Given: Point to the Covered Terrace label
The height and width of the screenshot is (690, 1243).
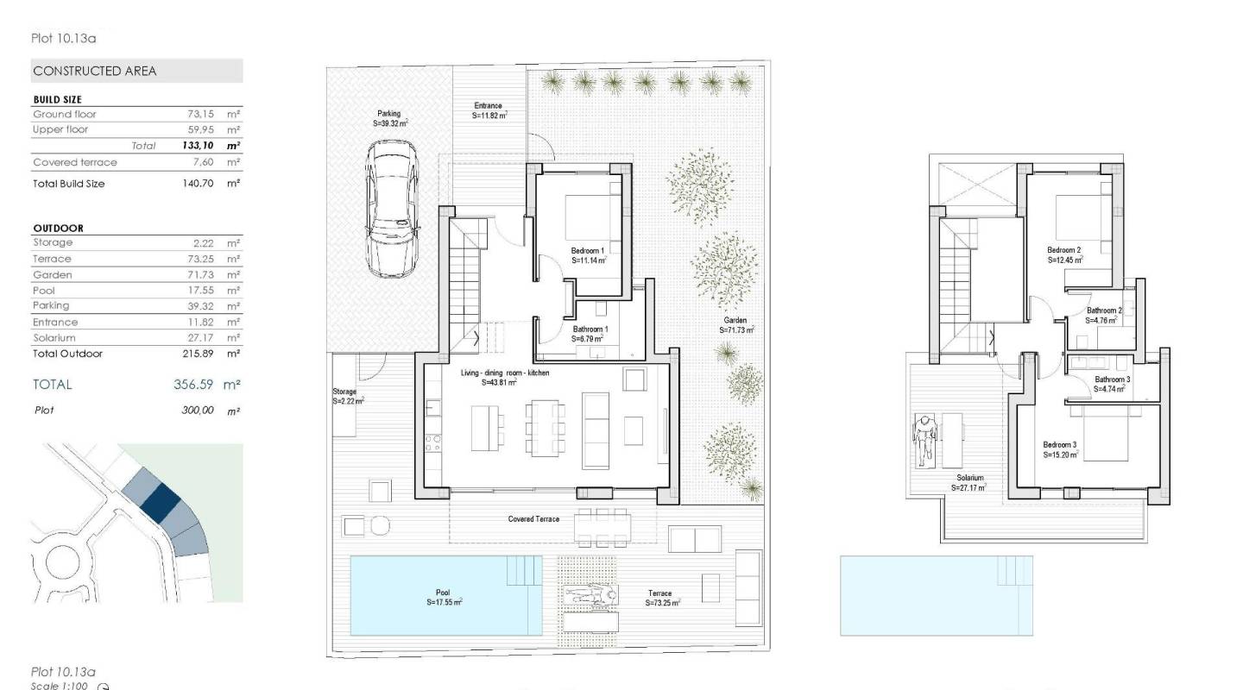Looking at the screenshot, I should point(533,519).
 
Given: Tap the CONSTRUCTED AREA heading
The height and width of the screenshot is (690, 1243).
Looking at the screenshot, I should point(95,71).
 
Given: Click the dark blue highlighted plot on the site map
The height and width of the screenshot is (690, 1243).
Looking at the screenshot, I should point(160,501).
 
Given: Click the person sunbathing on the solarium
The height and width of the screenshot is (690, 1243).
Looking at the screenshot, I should point(925,436).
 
